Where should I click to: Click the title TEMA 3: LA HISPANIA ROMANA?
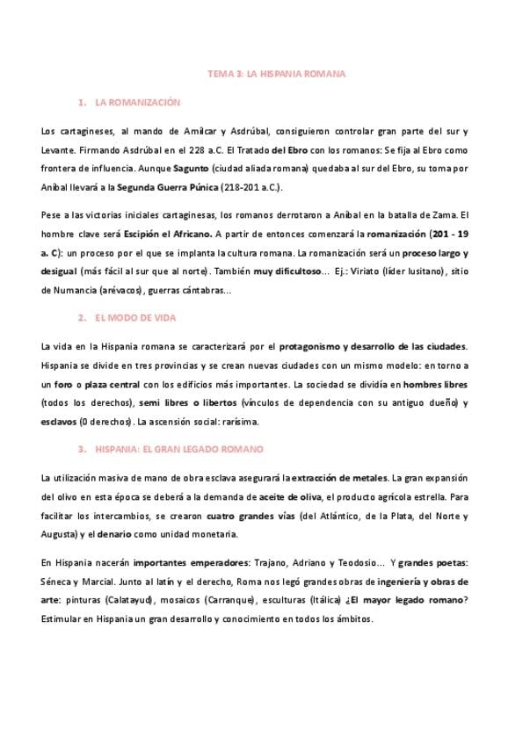click(276, 74)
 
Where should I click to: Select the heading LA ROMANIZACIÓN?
click(137, 103)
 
